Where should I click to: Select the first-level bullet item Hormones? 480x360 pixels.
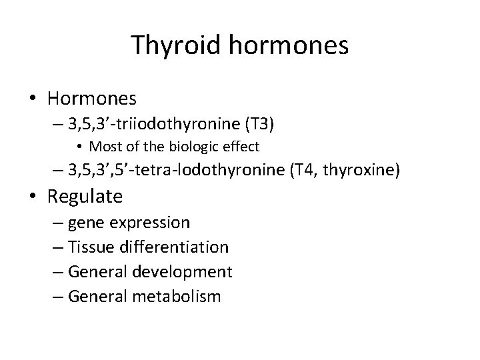[92, 99]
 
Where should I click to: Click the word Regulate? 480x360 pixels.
[85, 197]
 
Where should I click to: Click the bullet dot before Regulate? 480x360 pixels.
[35, 197]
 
